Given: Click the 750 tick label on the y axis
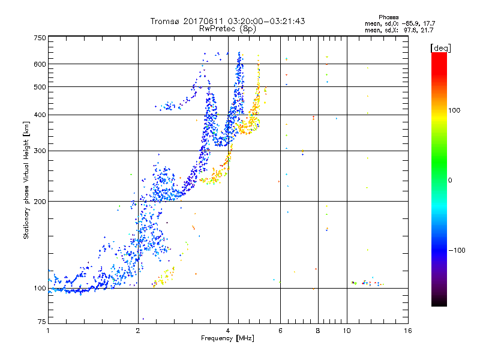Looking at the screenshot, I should (x=40, y=37).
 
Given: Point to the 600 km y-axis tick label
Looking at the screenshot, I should (x=40, y=64).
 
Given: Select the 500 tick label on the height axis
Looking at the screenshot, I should (x=40, y=87).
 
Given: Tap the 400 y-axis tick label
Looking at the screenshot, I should (x=40, y=115).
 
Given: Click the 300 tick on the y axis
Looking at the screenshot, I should (x=40, y=151).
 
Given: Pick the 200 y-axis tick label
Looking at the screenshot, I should (x=40, y=201).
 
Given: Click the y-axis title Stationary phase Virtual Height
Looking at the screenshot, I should (x=26, y=180).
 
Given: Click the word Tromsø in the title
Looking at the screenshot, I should (x=166, y=21).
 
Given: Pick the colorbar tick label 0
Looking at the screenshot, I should (x=451, y=180).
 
